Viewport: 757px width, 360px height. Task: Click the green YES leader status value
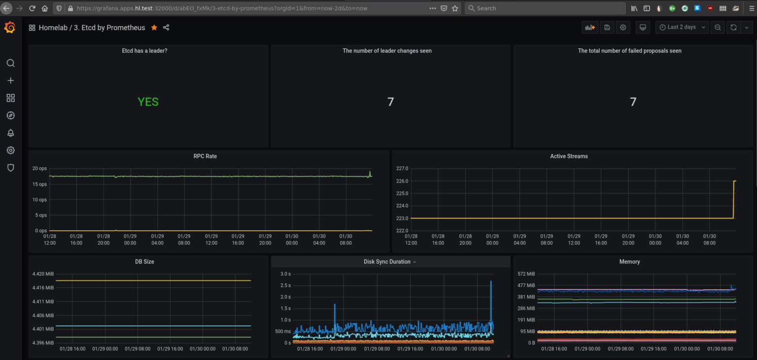tap(148, 102)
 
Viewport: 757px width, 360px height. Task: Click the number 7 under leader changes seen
tap(390, 102)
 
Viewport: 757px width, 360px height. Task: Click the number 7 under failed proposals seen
tap(633, 102)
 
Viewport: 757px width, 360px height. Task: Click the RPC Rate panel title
tap(205, 156)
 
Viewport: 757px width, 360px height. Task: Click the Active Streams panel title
tap(569, 156)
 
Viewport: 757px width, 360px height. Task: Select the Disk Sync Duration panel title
tap(387, 262)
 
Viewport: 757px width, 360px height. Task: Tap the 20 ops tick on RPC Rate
tap(39, 169)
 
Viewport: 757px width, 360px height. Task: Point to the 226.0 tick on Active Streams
tap(402, 181)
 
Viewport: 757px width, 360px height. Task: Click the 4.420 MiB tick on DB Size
tap(43, 274)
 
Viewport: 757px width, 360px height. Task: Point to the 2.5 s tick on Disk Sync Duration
tap(285, 286)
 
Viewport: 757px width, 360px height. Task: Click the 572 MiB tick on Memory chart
tap(526, 274)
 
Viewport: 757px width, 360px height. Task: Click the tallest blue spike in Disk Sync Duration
tap(491, 282)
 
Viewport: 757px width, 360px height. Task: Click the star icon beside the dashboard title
tap(154, 28)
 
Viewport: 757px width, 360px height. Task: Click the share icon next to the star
tap(166, 28)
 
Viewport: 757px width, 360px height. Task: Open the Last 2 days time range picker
tap(682, 28)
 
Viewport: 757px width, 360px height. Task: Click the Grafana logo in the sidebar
tap(10, 28)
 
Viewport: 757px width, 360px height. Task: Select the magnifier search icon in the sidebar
tap(10, 63)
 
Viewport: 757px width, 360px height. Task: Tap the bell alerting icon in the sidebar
tap(10, 133)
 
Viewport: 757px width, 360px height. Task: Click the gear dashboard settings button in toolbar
tap(623, 28)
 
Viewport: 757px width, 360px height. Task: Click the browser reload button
tap(32, 8)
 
